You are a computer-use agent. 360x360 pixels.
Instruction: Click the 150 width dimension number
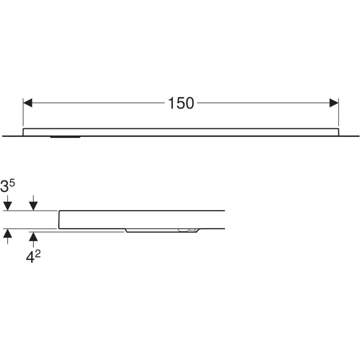click(x=181, y=103)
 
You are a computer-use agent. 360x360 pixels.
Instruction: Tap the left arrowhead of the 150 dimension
click(x=28, y=103)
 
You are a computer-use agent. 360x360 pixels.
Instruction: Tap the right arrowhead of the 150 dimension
click(x=334, y=103)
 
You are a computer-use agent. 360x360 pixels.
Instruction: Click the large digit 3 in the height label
click(x=4, y=186)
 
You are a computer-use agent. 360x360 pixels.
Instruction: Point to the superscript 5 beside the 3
click(x=12, y=184)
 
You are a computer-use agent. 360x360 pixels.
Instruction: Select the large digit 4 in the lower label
click(x=30, y=257)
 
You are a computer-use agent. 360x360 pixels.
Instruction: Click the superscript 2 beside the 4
click(x=38, y=254)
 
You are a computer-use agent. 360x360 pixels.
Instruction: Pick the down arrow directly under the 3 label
click(x=8, y=203)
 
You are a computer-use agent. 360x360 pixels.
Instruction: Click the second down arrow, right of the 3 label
click(x=34, y=203)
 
